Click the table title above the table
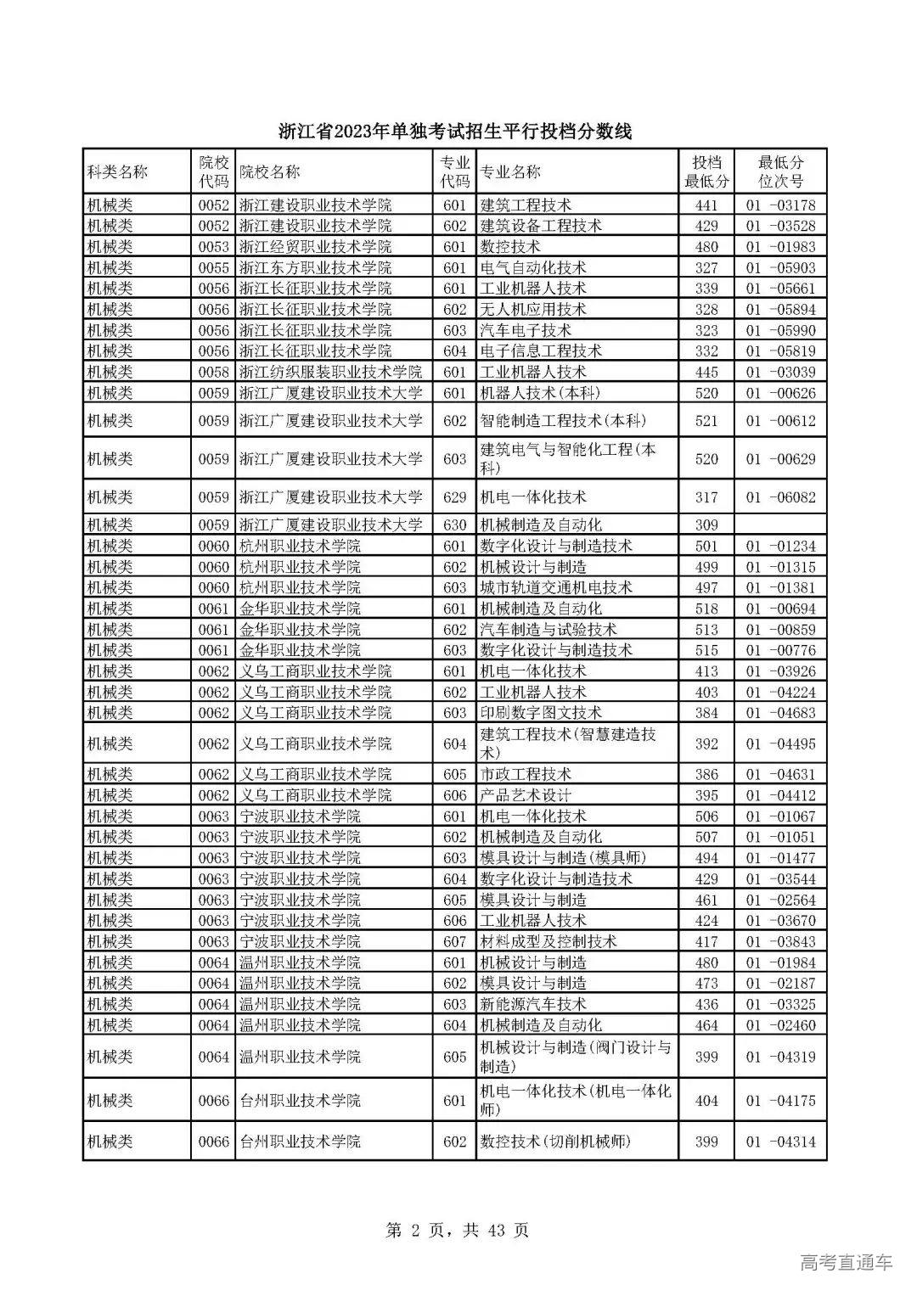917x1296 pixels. [456, 132]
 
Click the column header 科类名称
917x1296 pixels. [118, 172]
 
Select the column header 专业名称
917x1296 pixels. [510, 172]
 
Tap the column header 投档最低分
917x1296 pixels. [706, 172]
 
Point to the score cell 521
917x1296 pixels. [706, 421]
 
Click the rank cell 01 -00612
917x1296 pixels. [780, 421]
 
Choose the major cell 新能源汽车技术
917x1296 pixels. [533, 1004]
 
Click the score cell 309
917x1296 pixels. [706, 525]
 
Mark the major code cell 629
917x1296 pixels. [455, 497]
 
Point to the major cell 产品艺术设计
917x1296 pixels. [526, 795]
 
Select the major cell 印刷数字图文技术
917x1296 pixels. [541, 713]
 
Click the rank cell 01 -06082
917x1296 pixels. [780, 497]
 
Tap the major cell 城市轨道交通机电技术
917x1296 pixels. [556, 587]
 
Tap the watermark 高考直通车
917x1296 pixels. [847, 1262]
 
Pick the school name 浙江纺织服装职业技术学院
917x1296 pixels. [330, 372]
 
